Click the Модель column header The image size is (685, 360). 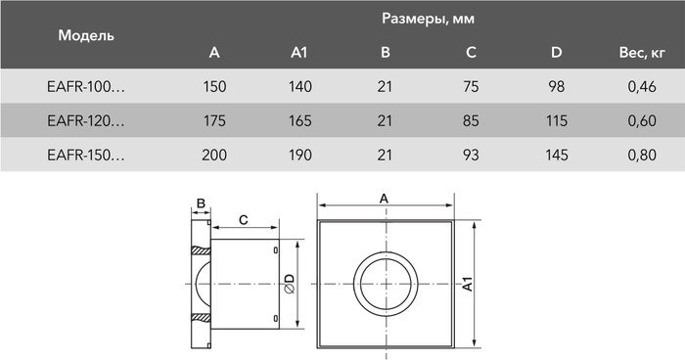(x=86, y=35)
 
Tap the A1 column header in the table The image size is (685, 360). (x=300, y=52)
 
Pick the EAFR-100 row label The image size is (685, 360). (x=86, y=88)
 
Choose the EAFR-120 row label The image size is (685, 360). (x=86, y=121)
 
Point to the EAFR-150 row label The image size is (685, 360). (x=86, y=155)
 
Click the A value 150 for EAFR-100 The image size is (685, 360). (x=215, y=88)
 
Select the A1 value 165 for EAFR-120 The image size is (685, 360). (x=300, y=121)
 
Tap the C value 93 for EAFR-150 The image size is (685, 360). (x=472, y=155)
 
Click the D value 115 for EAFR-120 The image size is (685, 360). (x=557, y=121)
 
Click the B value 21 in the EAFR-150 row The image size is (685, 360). (x=386, y=155)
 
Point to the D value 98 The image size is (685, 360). (x=557, y=88)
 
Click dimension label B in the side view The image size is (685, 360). (x=201, y=203)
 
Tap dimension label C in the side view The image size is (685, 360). (x=242, y=220)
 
